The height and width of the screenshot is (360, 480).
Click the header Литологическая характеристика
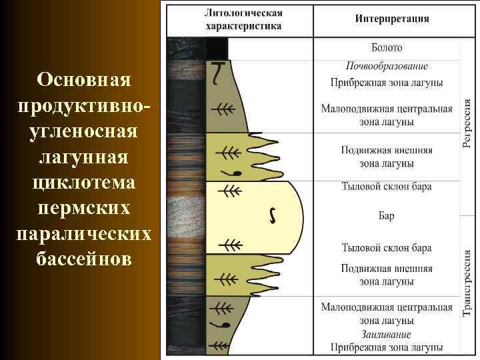coord(243,19)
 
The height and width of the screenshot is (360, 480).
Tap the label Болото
coord(387,48)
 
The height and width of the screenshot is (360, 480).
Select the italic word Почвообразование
coord(387,66)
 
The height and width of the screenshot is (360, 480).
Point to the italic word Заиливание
coord(387,335)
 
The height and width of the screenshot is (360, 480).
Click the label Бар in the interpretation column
coord(387,215)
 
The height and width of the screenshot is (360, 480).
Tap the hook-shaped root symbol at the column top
coord(218,73)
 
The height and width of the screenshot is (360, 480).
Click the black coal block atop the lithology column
coord(217,49)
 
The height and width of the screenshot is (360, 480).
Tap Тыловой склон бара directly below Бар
coord(387,247)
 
